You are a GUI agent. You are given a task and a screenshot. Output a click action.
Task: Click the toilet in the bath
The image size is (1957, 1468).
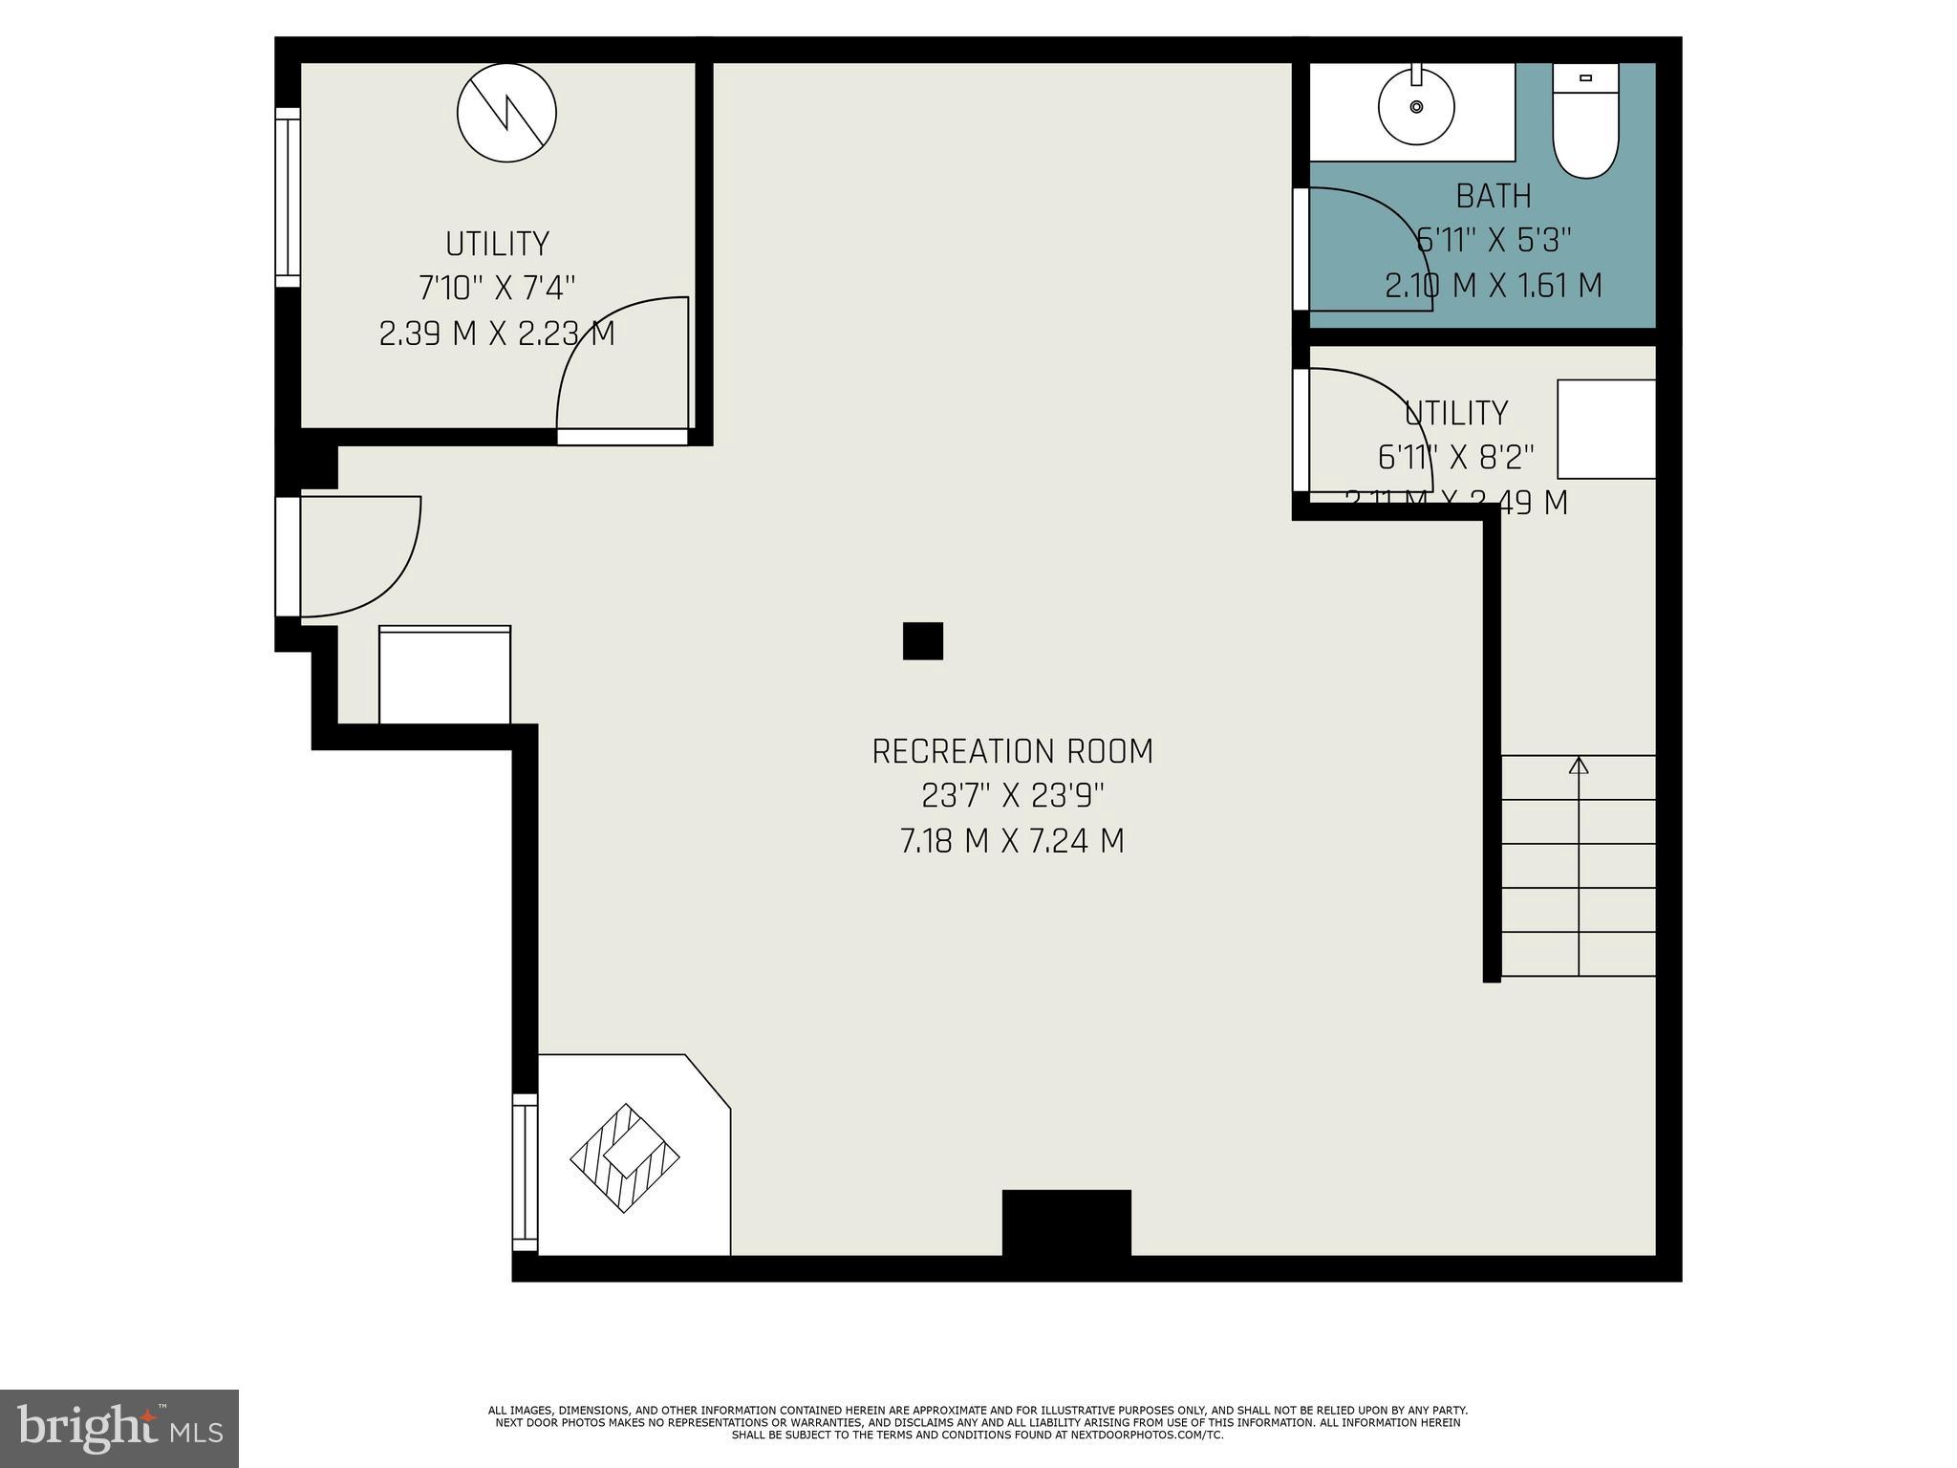point(1585,122)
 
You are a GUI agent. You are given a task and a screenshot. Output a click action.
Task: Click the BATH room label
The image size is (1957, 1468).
point(1493,197)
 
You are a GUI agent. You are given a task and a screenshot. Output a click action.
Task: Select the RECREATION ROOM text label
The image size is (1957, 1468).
point(1012,752)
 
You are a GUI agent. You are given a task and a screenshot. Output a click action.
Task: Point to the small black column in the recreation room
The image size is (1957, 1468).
point(922,640)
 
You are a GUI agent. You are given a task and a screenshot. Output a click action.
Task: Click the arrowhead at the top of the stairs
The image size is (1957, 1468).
point(1579,766)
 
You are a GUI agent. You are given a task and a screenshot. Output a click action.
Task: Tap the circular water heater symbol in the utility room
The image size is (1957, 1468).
point(506,113)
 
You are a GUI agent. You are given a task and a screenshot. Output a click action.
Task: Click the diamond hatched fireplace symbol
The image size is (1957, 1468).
point(625,1158)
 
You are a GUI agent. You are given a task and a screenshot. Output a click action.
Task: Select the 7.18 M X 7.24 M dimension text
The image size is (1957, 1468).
point(1012,842)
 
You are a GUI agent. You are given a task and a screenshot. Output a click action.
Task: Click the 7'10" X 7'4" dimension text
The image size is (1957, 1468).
point(497,288)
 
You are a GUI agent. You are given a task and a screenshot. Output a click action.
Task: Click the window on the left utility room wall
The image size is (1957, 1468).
point(288,197)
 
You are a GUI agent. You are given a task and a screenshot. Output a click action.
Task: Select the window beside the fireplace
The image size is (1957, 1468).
point(525,1173)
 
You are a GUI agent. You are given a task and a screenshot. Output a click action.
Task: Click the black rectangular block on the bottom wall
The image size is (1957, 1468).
point(1066,1223)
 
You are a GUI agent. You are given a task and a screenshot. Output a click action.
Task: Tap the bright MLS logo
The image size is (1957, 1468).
point(119,1429)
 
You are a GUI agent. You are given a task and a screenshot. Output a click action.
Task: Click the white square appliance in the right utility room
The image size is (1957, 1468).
point(1606,429)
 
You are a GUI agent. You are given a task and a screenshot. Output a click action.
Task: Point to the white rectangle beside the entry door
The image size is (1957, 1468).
point(444,675)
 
